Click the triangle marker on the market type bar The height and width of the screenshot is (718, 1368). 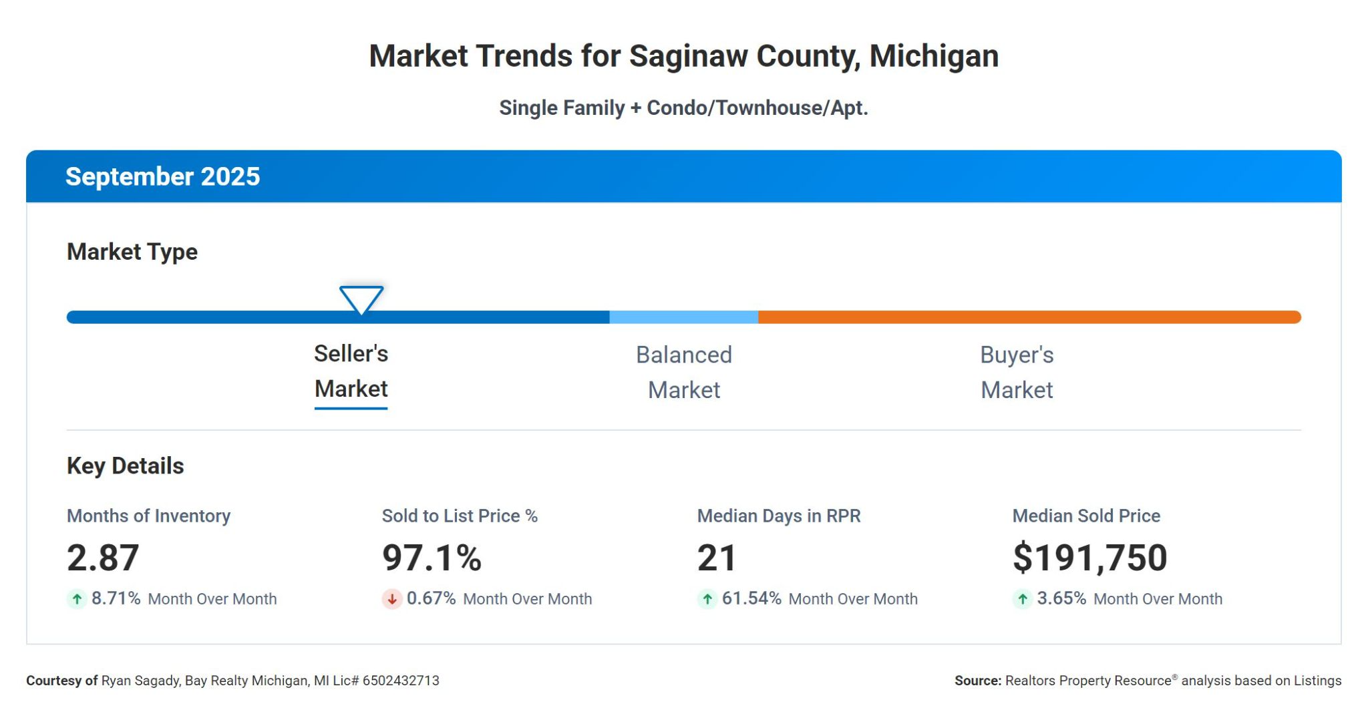[x=361, y=299]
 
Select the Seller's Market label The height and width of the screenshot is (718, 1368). [x=351, y=371]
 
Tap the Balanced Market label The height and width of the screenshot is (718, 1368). [x=684, y=372]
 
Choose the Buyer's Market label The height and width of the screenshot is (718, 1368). [x=1017, y=372]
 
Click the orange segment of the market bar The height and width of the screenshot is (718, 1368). [x=1029, y=317]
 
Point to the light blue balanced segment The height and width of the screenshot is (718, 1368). [x=684, y=317]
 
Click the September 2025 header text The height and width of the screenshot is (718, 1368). [x=162, y=177]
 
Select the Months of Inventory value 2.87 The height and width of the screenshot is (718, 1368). [x=103, y=558]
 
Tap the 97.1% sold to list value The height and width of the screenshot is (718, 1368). [x=432, y=558]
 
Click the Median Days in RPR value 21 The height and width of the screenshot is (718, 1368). [x=717, y=558]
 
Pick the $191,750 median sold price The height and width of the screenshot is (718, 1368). [x=1090, y=558]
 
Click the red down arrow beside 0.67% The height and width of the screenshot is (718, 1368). [x=392, y=599]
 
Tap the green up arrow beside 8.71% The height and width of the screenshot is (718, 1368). [x=77, y=599]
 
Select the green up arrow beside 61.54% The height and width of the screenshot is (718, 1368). [x=707, y=599]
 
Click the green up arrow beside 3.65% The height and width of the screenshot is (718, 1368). [x=1023, y=599]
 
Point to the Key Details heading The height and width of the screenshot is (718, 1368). [x=126, y=466]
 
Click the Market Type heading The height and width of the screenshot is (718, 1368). [x=132, y=252]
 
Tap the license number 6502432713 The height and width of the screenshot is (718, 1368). [x=401, y=681]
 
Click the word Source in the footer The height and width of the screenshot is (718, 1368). [x=977, y=681]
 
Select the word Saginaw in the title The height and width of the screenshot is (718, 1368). [x=679, y=56]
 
